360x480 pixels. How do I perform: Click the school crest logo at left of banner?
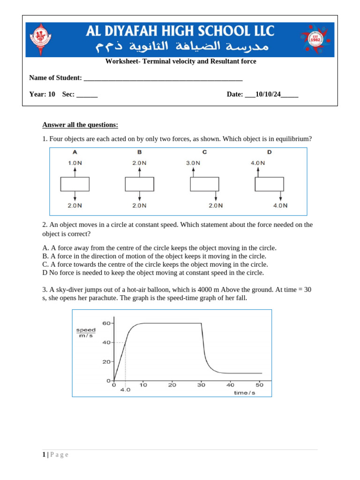point(41,40)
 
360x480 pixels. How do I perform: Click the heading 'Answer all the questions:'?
point(80,125)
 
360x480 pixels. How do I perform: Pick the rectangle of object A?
point(75,184)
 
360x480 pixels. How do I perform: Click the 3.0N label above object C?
point(193,163)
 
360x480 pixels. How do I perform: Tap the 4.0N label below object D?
point(280,205)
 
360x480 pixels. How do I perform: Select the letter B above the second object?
point(139,152)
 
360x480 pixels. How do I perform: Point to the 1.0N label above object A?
point(75,163)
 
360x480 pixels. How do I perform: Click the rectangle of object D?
point(269,184)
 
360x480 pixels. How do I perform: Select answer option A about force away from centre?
point(159,248)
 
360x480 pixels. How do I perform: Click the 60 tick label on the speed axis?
point(106,323)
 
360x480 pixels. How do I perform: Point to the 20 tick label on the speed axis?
point(106,362)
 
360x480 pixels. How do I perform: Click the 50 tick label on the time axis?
point(259,385)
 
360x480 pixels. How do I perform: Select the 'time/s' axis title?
point(245,393)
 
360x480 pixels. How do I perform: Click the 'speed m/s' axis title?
point(86,332)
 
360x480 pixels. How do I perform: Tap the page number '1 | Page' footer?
point(55,455)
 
